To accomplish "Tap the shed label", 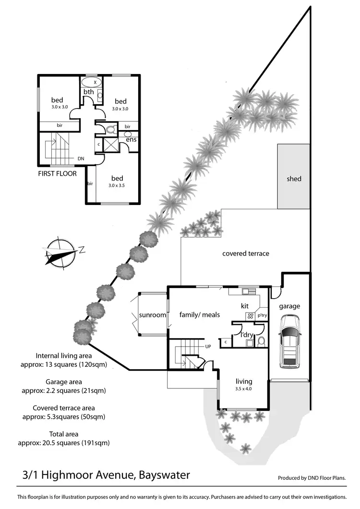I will pos(294,179).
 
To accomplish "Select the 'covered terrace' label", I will pos(245,254).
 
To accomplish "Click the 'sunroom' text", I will pos(152,315).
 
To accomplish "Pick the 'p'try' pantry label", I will pos(262,315).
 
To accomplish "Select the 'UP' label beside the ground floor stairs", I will pos(208,346).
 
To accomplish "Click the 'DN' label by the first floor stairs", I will pos(81,158).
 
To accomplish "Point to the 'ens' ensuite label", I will pos(131,139).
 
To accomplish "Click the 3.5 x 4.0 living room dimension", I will pos(244,389).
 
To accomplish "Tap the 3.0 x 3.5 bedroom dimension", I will pos(118,185).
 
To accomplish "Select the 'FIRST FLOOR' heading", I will pos(57,173).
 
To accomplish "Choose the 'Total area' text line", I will pos(64,434).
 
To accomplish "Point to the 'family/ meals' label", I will pos(199,315).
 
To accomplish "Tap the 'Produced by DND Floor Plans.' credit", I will pos(312,478).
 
